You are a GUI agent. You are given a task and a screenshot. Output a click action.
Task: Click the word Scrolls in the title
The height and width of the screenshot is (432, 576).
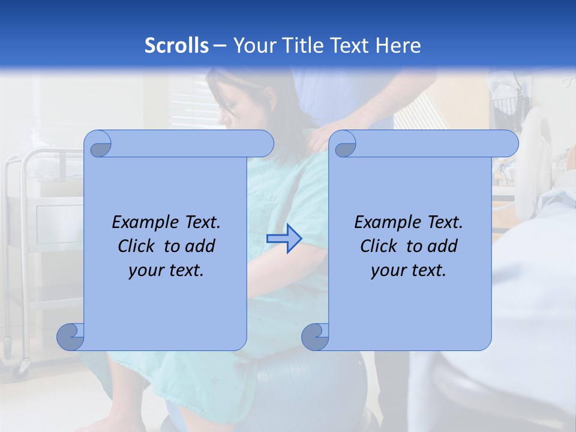coord(176,46)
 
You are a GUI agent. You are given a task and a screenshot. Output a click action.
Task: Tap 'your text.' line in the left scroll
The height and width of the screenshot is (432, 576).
coord(166,271)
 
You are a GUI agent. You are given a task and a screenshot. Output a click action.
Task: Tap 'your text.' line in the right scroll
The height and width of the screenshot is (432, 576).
coord(409,271)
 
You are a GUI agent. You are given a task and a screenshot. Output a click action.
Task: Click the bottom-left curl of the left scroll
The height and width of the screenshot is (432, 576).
coord(71,337)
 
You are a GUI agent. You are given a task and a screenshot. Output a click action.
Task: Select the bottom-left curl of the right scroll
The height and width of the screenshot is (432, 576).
coord(315,337)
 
